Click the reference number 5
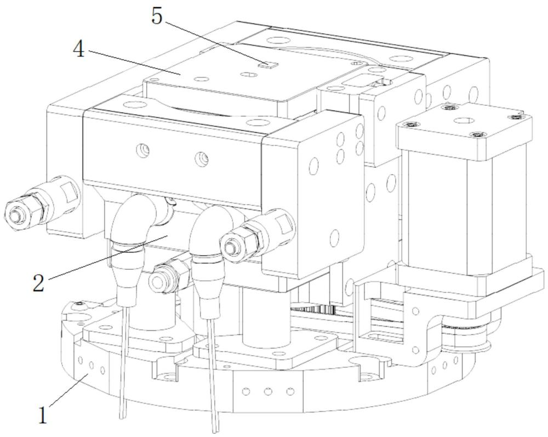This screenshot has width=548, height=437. pyautogui.click(x=157, y=16)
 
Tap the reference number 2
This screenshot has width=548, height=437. pyautogui.click(x=38, y=283)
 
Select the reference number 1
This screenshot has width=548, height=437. pyautogui.click(x=43, y=415)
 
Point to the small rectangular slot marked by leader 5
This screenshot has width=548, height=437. pyautogui.click(x=267, y=64)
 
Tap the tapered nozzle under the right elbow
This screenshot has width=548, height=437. pyautogui.click(x=207, y=285)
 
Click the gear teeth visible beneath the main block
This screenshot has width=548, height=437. pyautogui.click(x=313, y=308)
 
